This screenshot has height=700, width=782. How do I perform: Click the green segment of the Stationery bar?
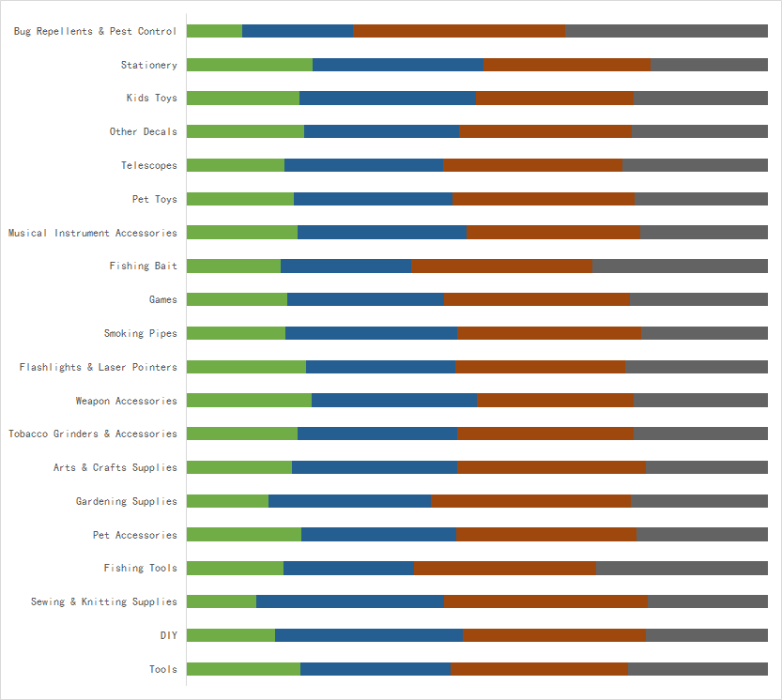[x=250, y=65]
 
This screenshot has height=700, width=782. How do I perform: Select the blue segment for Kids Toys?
[x=388, y=99]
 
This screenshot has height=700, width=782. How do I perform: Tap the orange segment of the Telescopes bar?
[x=532, y=165]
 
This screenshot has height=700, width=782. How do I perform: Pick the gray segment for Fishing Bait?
[x=680, y=266]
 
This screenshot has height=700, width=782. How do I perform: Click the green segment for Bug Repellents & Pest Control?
[x=214, y=31]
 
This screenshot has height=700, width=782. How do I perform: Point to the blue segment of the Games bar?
[x=365, y=299]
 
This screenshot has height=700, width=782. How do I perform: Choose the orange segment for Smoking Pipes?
[x=549, y=333]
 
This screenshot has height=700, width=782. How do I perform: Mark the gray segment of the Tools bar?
[x=698, y=669]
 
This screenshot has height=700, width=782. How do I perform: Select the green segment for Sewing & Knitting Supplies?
[x=222, y=601]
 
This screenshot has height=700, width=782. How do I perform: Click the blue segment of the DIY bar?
[x=369, y=635]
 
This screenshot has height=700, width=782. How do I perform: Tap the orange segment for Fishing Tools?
[x=505, y=568]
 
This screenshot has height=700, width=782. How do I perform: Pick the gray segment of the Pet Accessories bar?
[x=701, y=535]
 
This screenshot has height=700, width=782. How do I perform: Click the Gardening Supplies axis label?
[x=127, y=501]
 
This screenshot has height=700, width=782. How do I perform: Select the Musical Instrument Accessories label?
[x=93, y=233]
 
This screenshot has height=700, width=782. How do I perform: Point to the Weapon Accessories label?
[x=127, y=401]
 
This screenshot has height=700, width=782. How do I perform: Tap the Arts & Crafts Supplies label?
[x=115, y=467]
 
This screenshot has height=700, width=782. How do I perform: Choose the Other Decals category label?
[x=143, y=131]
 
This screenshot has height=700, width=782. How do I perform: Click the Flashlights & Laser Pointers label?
[x=99, y=367]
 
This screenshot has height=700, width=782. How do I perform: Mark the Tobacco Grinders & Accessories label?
[x=93, y=434]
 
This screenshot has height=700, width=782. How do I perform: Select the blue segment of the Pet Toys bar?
[x=373, y=199]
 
